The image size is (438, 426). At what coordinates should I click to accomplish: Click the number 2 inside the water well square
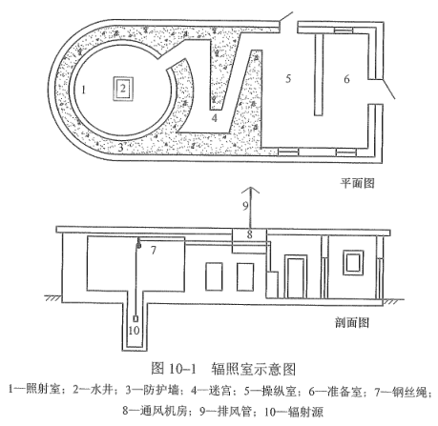(x=123, y=88)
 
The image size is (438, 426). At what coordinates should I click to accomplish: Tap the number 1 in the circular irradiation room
(x=84, y=91)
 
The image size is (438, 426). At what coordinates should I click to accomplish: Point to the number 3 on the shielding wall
(x=120, y=148)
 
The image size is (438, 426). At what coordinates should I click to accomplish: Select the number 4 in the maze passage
(x=215, y=118)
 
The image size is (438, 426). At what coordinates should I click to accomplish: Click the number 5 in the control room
(x=288, y=78)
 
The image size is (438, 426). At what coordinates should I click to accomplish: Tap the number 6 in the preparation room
(x=346, y=79)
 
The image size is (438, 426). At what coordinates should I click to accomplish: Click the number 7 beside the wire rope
(x=154, y=251)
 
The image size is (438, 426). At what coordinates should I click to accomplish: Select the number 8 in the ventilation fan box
(x=250, y=234)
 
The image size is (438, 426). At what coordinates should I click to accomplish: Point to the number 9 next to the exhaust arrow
(x=245, y=206)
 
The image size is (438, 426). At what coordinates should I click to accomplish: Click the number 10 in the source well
(x=134, y=331)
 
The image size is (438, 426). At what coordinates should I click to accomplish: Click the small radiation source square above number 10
(x=136, y=318)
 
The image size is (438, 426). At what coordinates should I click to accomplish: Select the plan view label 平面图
(x=357, y=183)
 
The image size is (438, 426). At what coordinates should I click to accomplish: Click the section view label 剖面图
(x=352, y=323)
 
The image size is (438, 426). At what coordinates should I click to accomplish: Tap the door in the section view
(x=296, y=276)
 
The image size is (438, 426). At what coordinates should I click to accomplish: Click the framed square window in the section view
(x=353, y=262)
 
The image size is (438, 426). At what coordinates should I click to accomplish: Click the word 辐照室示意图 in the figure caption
(x=254, y=369)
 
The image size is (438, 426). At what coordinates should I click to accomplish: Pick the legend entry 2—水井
(x=94, y=391)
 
